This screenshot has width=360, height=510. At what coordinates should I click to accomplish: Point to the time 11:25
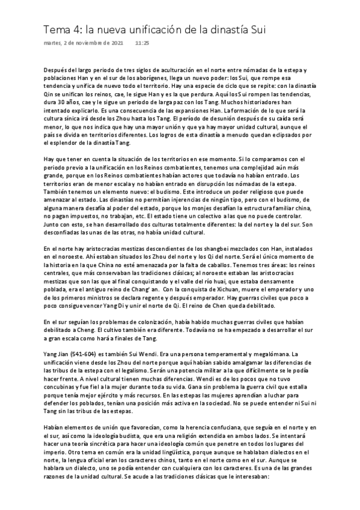tap(142, 44)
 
